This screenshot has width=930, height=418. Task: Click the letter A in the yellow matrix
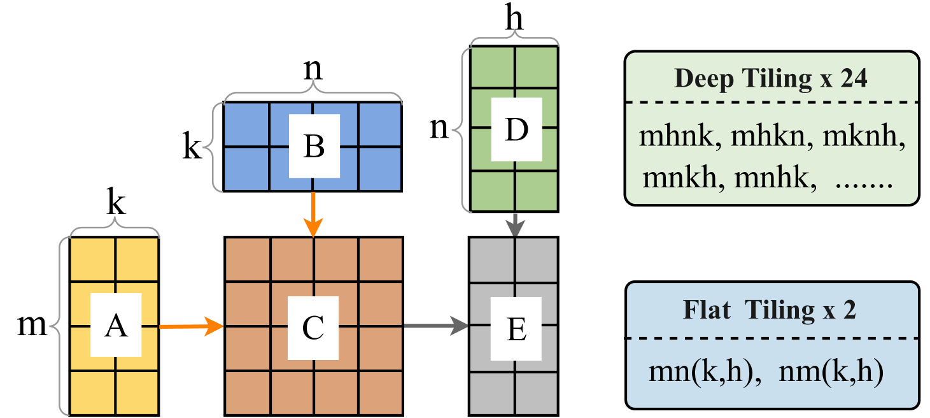click(115, 326)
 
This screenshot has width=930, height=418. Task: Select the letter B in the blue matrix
click(314, 147)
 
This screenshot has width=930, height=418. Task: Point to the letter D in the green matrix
click(516, 129)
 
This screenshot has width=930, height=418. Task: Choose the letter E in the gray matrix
click(516, 330)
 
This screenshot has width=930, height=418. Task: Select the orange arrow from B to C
click(313, 213)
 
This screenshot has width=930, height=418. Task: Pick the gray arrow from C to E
click(435, 327)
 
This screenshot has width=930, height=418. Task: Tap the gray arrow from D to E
click(515, 224)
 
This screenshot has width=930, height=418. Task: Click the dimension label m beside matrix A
click(32, 326)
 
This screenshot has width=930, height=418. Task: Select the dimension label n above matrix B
click(313, 69)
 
